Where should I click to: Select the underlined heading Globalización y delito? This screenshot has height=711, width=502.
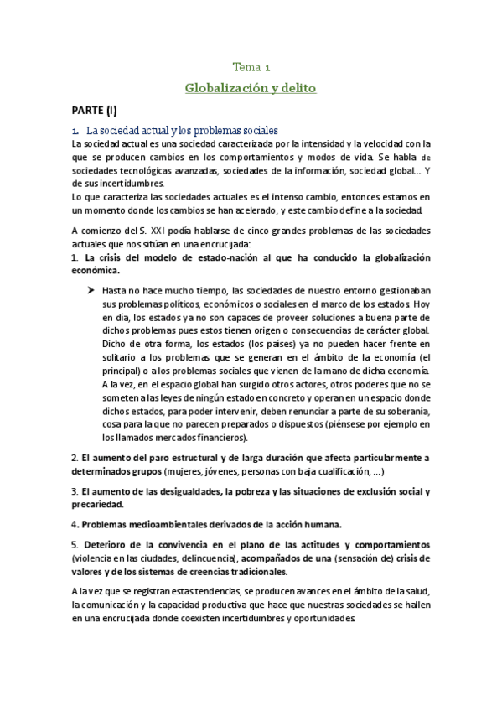click(251, 86)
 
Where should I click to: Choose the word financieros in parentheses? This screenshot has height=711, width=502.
click(225, 438)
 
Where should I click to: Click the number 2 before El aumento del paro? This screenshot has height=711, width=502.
click(74, 458)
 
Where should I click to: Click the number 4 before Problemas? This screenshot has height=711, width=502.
click(74, 524)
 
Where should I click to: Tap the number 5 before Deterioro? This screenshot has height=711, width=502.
click(74, 544)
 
